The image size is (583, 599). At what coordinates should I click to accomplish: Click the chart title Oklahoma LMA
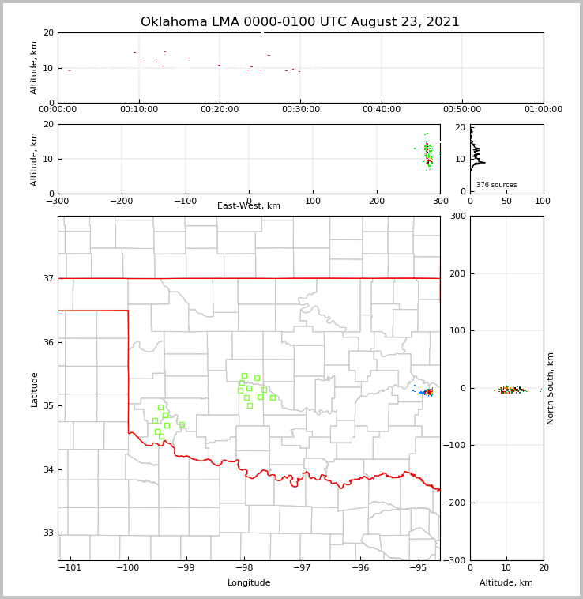(x=299, y=22)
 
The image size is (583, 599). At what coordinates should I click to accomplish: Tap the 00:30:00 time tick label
(x=300, y=110)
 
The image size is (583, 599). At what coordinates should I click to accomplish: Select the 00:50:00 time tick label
(x=462, y=110)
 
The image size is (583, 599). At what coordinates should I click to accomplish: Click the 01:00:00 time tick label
(x=543, y=110)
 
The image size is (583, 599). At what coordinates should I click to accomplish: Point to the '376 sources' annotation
(x=496, y=185)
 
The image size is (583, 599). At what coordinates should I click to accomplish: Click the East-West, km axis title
(x=249, y=206)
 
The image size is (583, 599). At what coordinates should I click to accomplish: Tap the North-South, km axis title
(x=551, y=388)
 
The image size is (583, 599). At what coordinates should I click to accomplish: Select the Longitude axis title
(x=249, y=583)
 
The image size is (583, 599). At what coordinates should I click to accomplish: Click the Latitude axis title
(x=34, y=389)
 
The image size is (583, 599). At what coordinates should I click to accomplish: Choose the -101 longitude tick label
(x=70, y=567)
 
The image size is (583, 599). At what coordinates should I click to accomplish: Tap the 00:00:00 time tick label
(x=58, y=110)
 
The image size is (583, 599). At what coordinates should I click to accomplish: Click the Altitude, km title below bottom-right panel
(x=506, y=583)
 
